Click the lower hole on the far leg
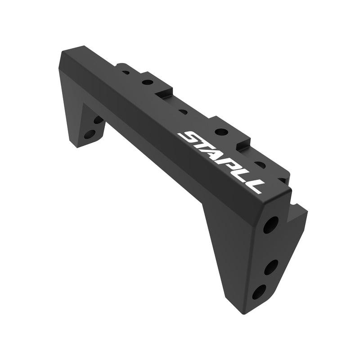tap(90, 134)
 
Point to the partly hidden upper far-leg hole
tap(98, 120)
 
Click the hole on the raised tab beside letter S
tap(221, 132)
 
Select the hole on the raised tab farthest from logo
tap(147, 82)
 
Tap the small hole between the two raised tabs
tap(182, 111)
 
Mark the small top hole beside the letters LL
tap(260, 164)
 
